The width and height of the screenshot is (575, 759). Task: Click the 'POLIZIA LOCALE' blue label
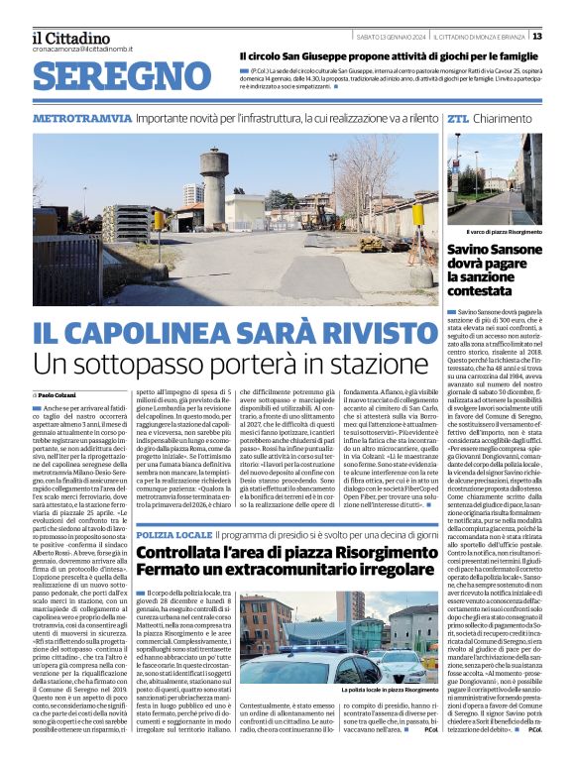[x=173, y=534]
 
